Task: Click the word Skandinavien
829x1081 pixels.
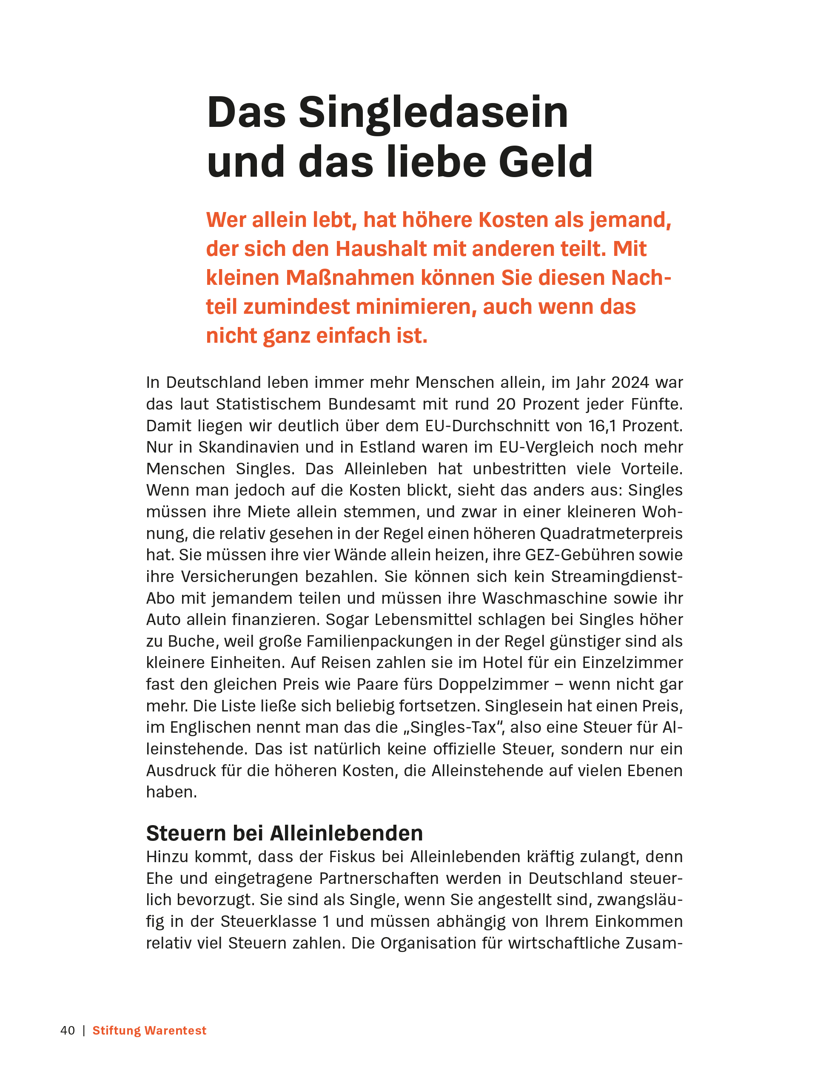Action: pyautogui.click(x=249, y=447)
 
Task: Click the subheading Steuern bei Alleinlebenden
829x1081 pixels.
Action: pyautogui.click(x=284, y=833)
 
